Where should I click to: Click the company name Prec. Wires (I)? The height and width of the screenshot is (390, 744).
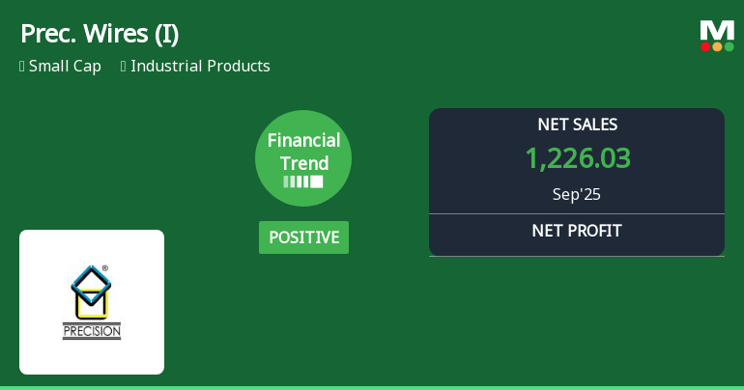tap(100, 34)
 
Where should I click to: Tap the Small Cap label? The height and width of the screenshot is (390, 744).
tap(65, 67)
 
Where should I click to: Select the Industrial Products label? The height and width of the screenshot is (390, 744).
tap(200, 67)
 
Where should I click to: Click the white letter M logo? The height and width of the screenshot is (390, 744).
tap(717, 30)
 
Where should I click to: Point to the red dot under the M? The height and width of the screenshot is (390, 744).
tap(706, 46)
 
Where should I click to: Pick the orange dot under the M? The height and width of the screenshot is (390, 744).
tap(717, 46)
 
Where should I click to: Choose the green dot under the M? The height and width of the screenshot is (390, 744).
tap(729, 46)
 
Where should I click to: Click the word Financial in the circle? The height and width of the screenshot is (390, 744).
tap(303, 140)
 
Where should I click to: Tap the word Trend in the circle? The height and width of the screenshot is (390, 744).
tap(303, 163)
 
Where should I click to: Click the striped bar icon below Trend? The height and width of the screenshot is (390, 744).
tap(303, 181)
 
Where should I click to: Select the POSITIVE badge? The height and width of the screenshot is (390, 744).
tap(303, 237)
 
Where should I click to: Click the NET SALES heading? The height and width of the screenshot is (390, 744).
tap(577, 125)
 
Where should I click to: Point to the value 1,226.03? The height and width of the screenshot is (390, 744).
tap(577, 158)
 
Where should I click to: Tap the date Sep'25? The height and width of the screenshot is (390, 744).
tap(577, 194)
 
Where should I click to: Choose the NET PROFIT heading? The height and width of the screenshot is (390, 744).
tap(577, 231)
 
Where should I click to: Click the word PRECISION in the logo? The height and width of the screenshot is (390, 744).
tap(92, 331)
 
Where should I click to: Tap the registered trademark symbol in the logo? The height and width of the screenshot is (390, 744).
tap(105, 268)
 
